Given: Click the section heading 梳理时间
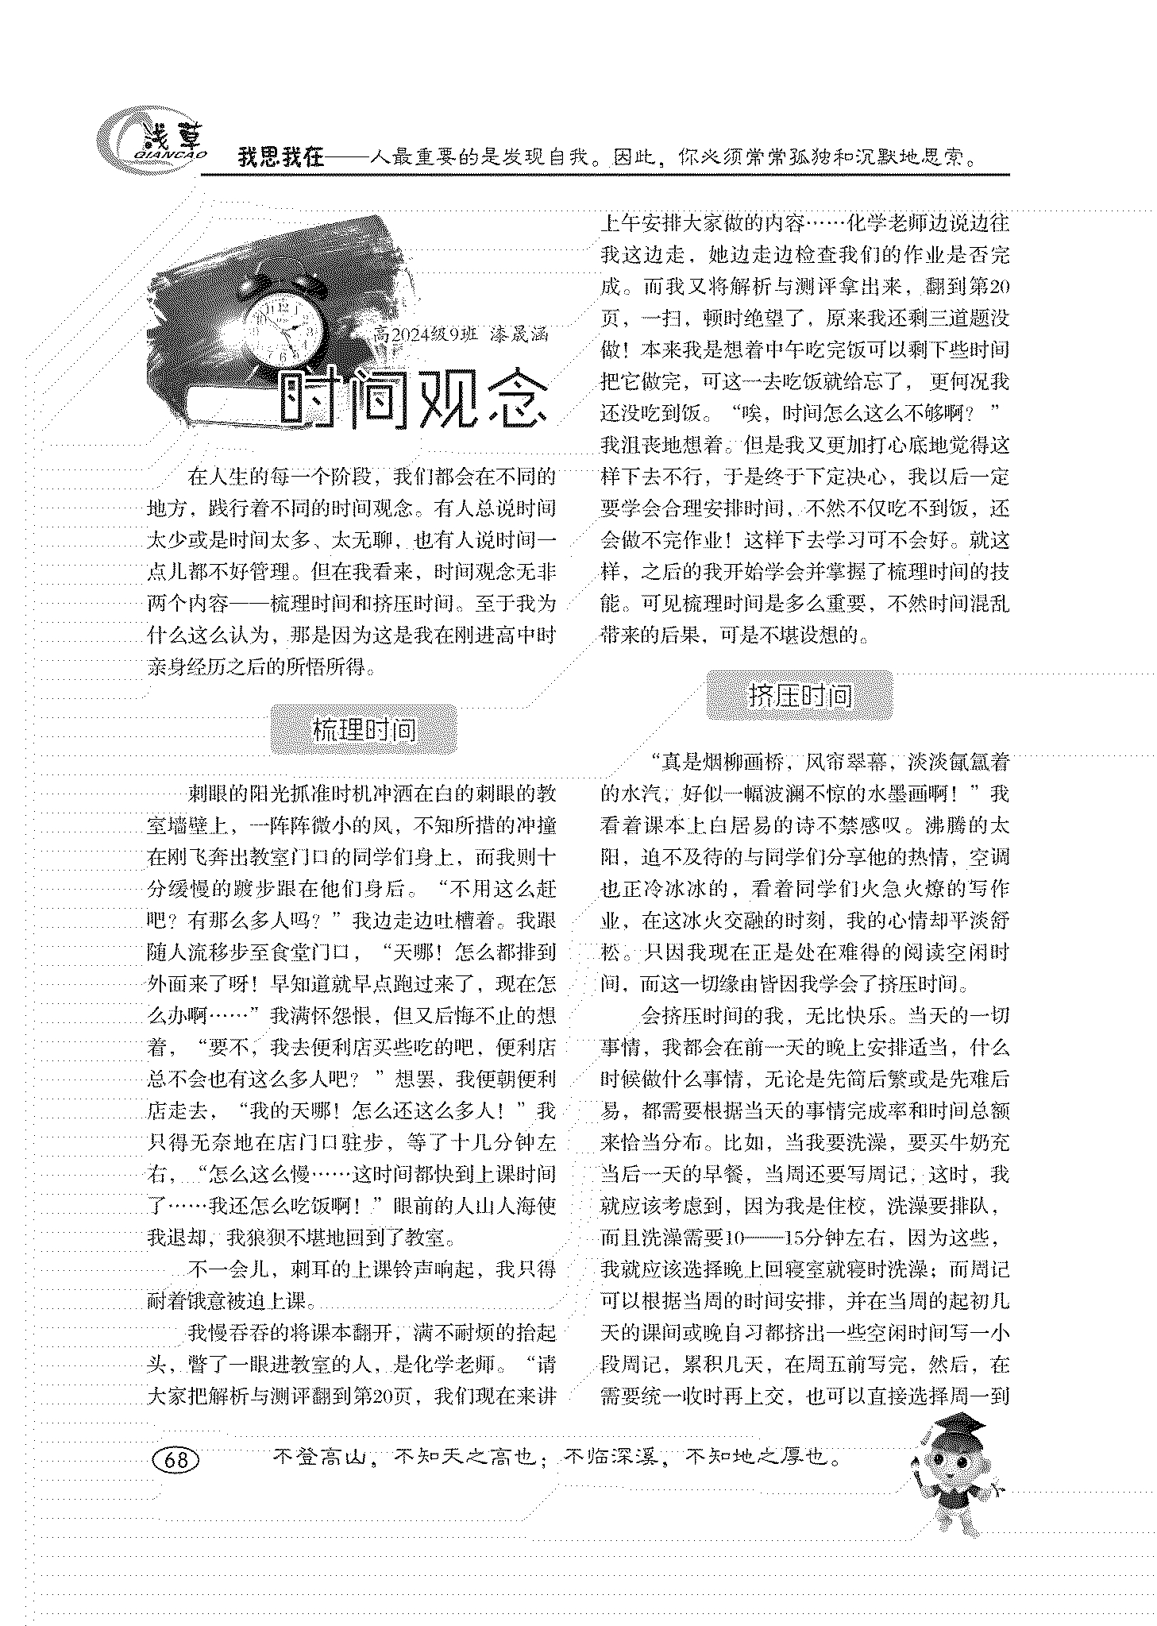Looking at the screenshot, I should click(364, 729).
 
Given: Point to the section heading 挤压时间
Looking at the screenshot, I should click(800, 696).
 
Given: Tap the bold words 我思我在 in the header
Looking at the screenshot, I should click(281, 157).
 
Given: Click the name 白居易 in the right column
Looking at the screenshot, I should click(742, 825).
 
